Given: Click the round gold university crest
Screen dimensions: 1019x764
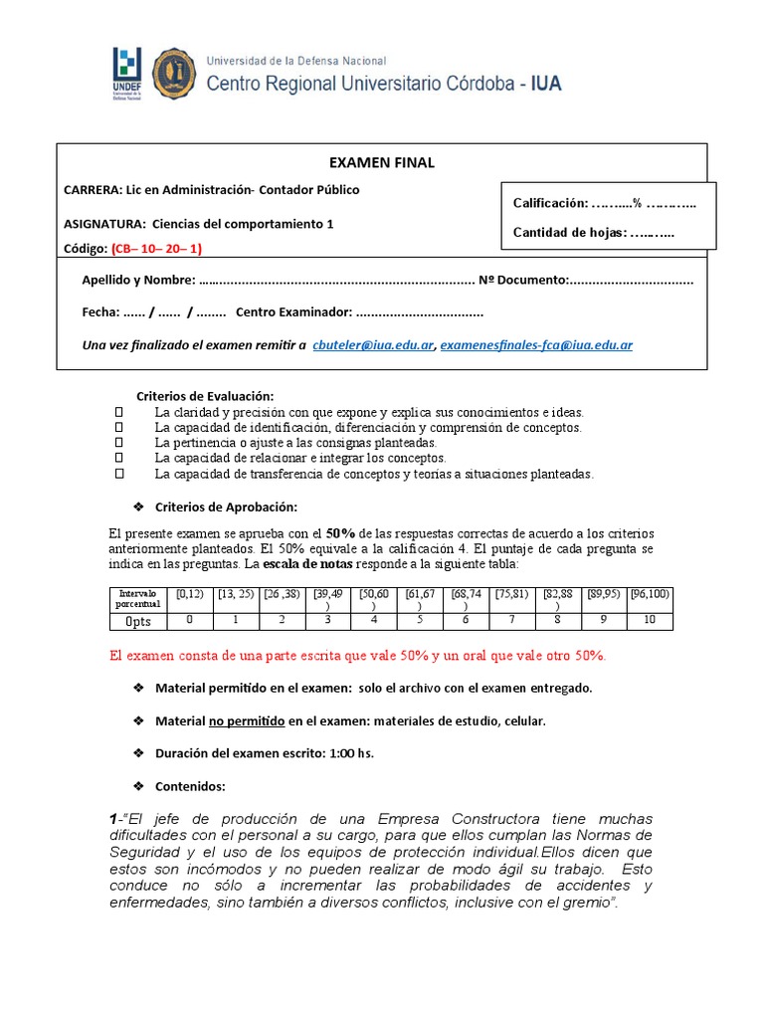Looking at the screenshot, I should tap(174, 73).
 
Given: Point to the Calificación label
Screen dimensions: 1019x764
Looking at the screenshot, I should tap(549, 203).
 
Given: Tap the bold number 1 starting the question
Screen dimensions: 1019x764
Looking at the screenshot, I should tap(113, 818).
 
